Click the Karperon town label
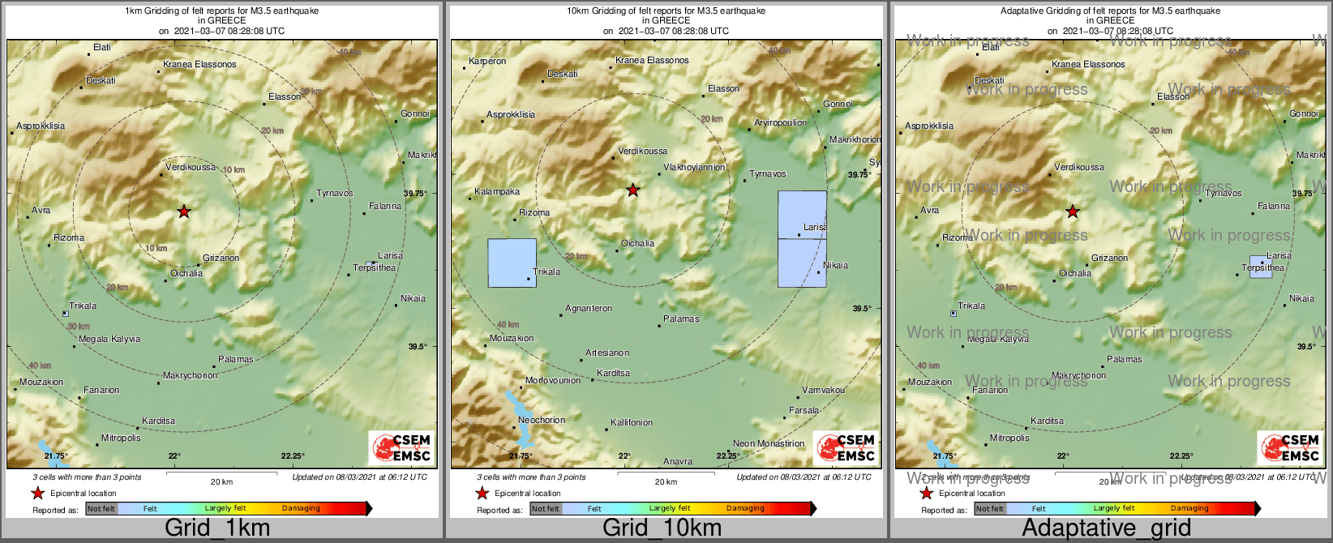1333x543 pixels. pyautogui.click(x=487, y=61)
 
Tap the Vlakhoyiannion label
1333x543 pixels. pyautogui.click(x=694, y=168)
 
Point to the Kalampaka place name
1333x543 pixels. pyautogui.click(x=497, y=192)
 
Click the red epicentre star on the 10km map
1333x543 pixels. pyautogui.click(x=633, y=190)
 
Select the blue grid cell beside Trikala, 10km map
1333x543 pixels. pyautogui.click(x=512, y=263)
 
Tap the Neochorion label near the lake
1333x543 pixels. pyautogui.click(x=542, y=420)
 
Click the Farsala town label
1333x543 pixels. pyautogui.click(x=804, y=411)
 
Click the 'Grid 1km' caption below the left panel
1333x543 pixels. pyautogui.click(x=217, y=528)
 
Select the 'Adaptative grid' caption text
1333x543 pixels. pyautogui.click(x=1106, y=528)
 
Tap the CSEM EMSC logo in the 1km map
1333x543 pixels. pyautogui.click(x=401, y=448)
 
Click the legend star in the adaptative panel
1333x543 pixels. pyautogui.click(x=926, y=493)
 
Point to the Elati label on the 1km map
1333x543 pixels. pyautogui.click(x=102, y=47)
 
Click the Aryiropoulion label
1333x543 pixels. pyautogui.click(x=780, y=123)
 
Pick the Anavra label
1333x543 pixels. pyautogui.click(x=678, y=461)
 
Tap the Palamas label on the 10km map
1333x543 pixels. pyautogui.click(x=681, y=319)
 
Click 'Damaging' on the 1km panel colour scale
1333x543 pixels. pyautogui.click(x=301, y=508)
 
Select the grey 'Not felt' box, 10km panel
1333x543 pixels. pyautogui.click(x=546, y=509)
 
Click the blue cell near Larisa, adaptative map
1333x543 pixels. pyautogui.click(x=1260, y=267)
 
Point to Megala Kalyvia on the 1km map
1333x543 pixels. pyautogui.click(x=109, y=340)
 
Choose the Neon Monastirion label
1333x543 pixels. pyautogui.click(x=769, y=444)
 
